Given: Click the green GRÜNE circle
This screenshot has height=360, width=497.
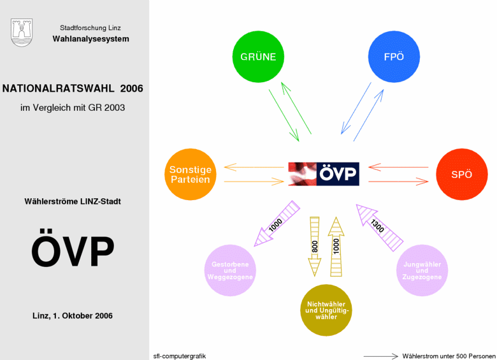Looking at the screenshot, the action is tap(258, 57).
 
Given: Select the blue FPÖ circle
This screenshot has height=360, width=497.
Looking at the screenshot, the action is tap(394, 57).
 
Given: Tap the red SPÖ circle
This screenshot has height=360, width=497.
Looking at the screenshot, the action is tap(462, 175).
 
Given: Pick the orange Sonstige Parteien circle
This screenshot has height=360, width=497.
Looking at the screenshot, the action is tap(191, 175).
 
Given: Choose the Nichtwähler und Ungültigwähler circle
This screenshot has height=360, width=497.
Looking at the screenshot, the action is tap(326, 310).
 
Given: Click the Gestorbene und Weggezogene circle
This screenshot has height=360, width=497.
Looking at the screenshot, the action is tap(230, 270).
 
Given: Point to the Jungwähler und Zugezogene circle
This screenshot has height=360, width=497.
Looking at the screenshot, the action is tap(422, 270).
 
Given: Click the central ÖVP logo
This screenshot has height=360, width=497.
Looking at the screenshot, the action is tap(324, 174).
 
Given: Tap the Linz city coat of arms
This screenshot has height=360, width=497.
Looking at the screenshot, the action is tap(22, 32).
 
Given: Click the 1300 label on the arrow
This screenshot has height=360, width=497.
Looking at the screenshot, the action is tap(377, 226).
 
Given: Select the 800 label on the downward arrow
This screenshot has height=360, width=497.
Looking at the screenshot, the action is tap(315, 247).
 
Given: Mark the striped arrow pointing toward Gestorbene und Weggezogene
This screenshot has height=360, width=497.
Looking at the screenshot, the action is tap(277, 224).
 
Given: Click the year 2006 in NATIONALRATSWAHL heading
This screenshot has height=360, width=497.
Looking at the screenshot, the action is tap(131, 89).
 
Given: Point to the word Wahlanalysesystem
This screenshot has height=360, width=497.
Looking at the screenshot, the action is tap(91, 39).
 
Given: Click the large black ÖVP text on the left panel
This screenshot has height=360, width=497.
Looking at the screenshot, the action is tap(73, 248).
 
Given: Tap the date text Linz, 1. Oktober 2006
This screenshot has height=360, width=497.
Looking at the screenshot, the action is tap(73, 315).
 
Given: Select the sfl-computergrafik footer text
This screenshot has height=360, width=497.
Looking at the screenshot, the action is tap(180, 356).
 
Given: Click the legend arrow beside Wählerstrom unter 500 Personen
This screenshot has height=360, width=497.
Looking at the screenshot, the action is tap(380, 356).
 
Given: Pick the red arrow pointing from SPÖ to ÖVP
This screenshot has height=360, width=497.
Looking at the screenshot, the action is tap(398, 167).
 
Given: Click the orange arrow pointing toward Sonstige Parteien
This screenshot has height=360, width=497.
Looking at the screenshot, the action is tap(254, 167).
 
